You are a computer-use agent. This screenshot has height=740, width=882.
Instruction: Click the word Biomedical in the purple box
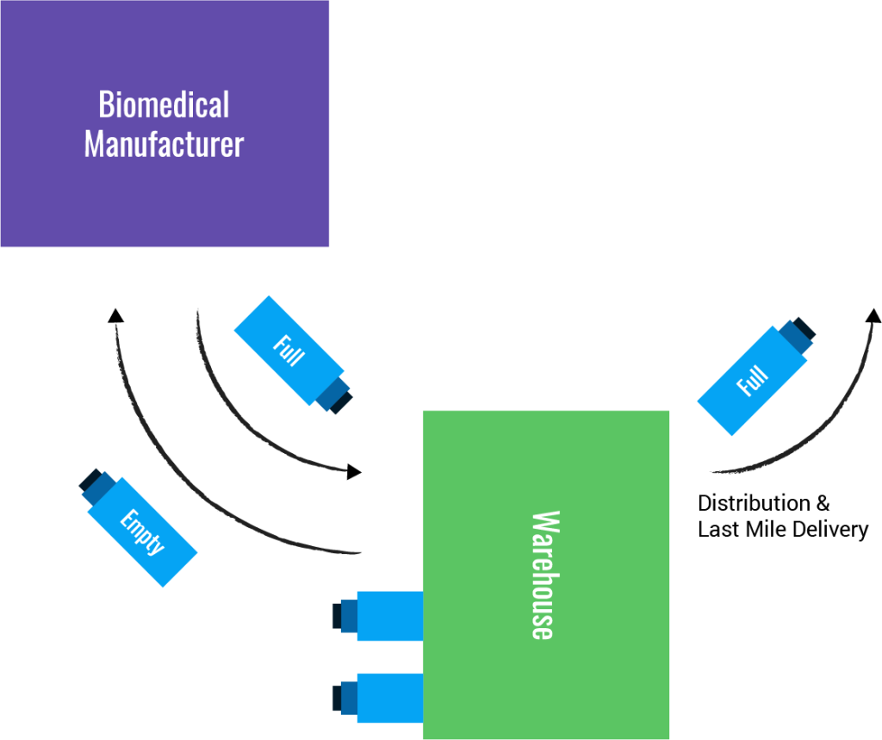pyautogui.click(x=164, y=105)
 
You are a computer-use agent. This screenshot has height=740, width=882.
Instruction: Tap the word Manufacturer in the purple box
pyautogui.click(x=164, y=144)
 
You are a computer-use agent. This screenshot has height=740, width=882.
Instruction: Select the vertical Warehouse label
pyautogui.click(x=543, y=575)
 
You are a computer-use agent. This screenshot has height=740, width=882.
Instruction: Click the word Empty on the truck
pyautogui.click(x=142, y=532)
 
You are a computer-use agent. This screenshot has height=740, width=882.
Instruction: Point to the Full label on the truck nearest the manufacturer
pyautogui.click(x=288, y=351)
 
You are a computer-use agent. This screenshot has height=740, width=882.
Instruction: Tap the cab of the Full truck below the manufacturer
pyautogui.click(x=333, y=395)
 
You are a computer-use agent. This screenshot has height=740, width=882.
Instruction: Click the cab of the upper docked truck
pyautogui.click(x=345, y=616)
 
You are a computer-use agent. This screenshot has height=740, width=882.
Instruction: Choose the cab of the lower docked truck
pyautogui.click(x=345, y=697)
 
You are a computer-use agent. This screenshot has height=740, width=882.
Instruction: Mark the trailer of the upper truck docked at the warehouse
pyautogui.click(x=389, y=616)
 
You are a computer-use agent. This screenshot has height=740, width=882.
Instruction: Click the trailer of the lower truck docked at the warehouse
pyautogui.click(x=389, y=697)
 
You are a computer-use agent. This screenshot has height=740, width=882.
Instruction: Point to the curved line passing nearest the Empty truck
pyautogui.click(x=172, y=469)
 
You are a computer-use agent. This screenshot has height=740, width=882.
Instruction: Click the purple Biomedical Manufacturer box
pyautogui.click(x=164, y=207)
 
